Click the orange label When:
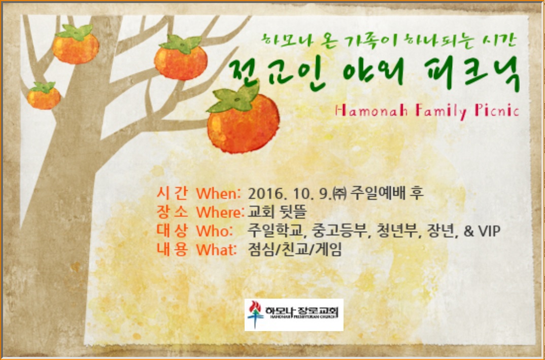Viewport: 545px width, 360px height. click(218, 193)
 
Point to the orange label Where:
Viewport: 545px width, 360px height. click(220, 212)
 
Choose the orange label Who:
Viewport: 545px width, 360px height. click(215, 231)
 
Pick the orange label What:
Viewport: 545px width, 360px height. click(217, 249)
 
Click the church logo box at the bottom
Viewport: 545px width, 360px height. click(294, 314)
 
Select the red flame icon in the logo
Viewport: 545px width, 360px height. click(255, 307)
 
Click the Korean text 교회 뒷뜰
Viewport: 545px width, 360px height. click(277, 212)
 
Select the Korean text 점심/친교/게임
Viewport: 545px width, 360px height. click(295, 249)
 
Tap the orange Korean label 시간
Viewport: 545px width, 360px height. click(172, 193)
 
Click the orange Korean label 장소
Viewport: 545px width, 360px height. click(172, 212)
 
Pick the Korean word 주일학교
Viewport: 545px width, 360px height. click(277, 231)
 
